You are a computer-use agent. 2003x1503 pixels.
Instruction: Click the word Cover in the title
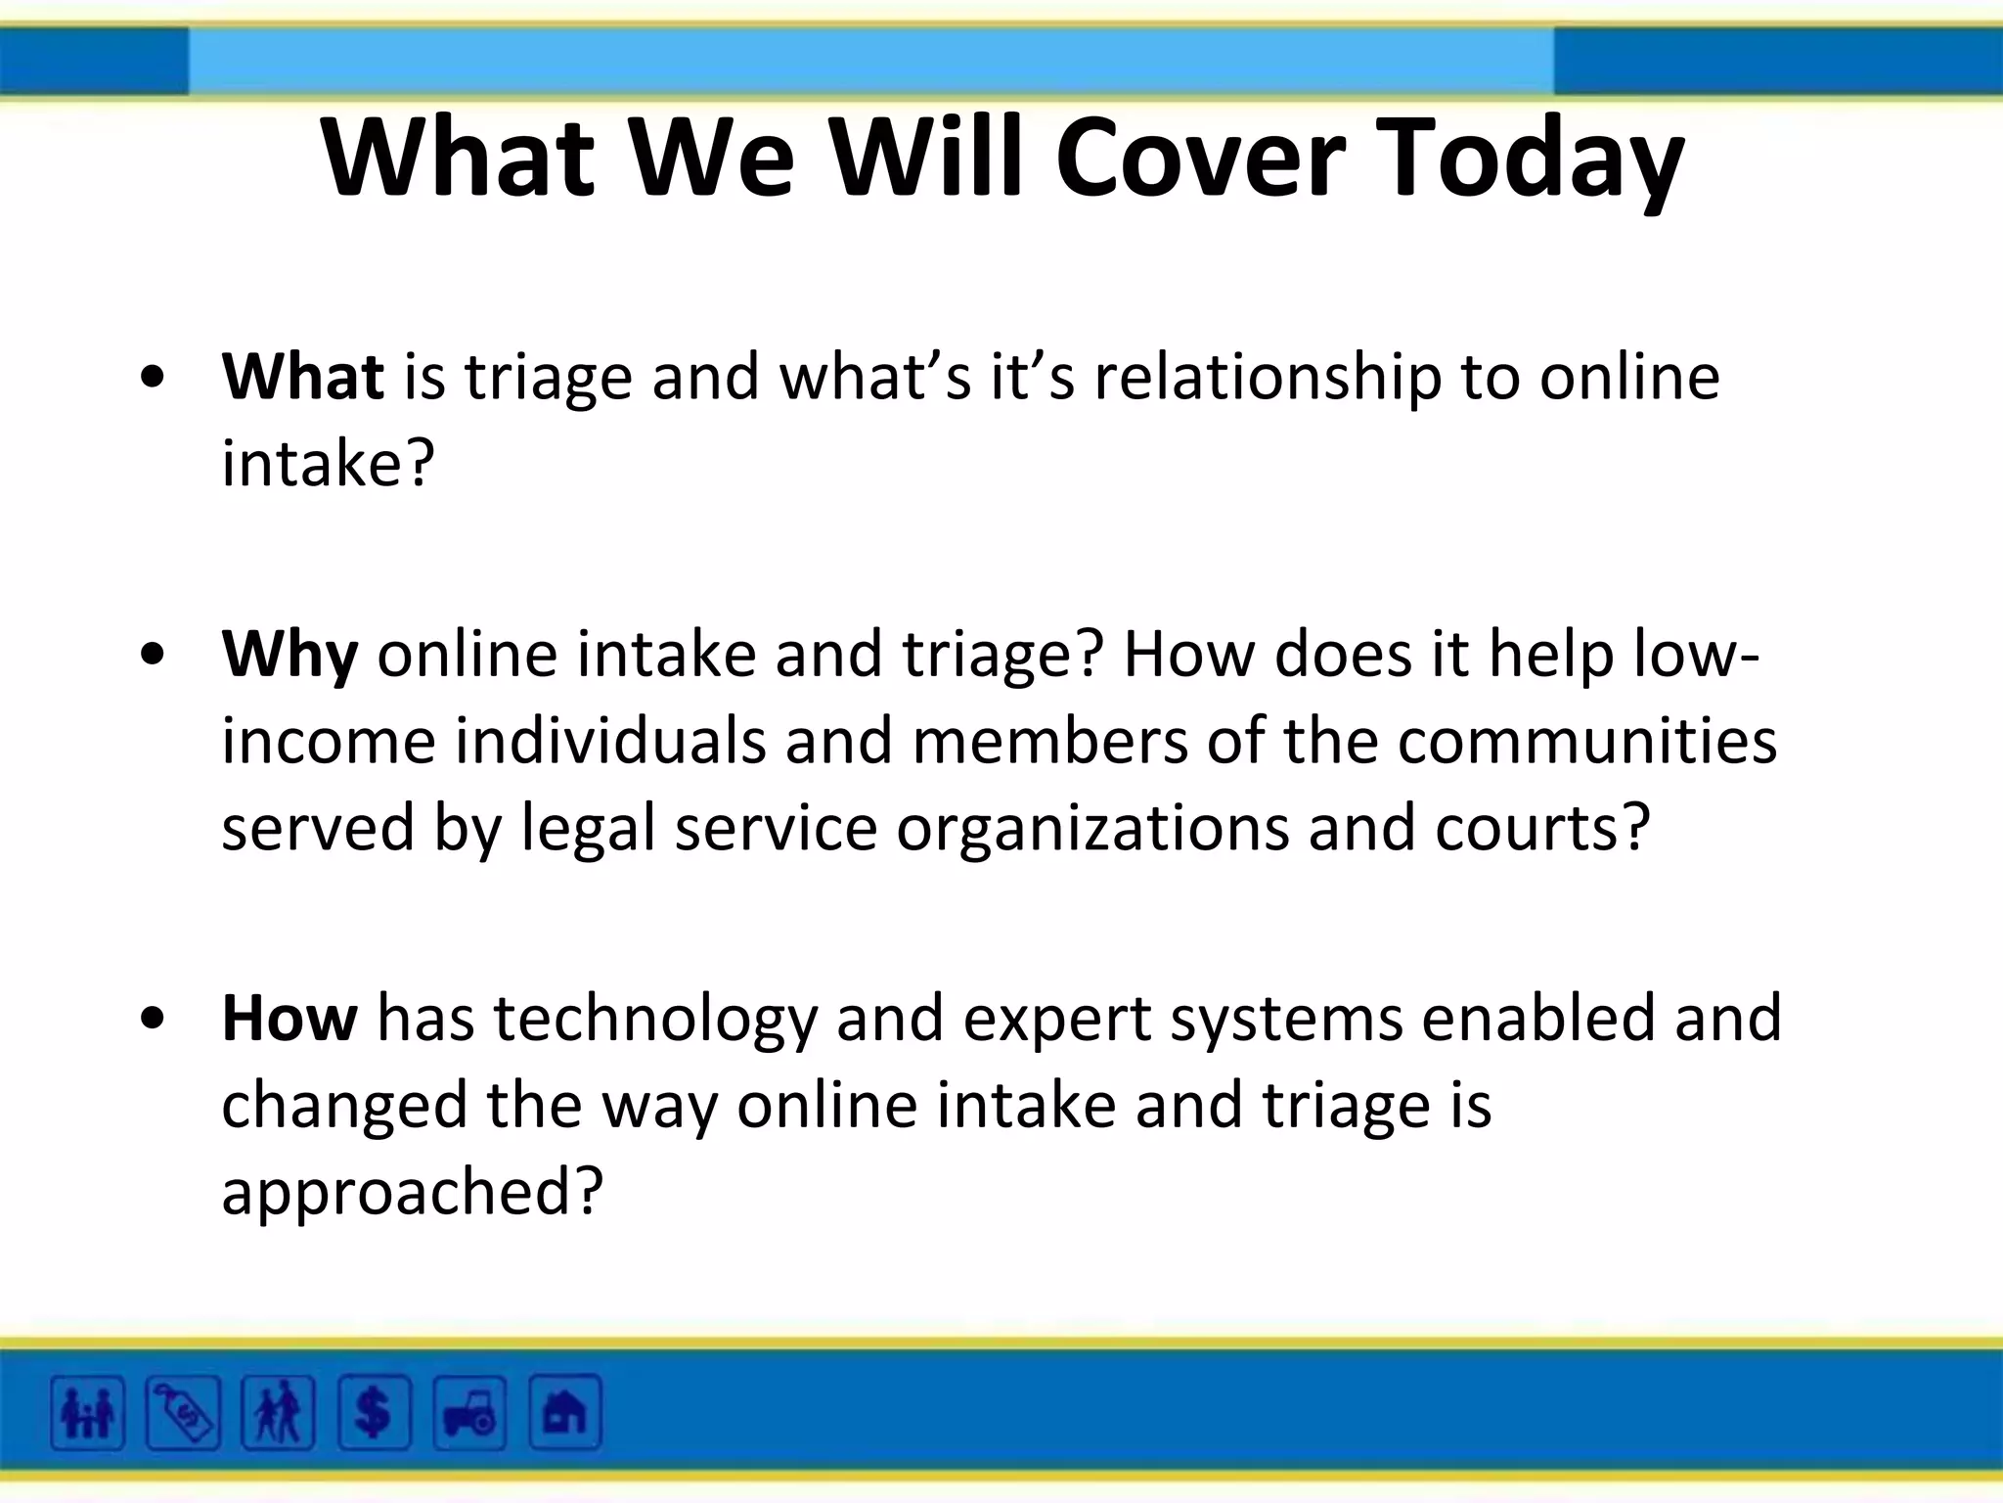[x=1200, y=157]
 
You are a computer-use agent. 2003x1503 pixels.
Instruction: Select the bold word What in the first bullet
[x=302, y=376]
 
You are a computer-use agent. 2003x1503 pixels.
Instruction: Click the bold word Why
[x=289, y=654]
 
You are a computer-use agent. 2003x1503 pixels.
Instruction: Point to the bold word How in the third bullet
[x=289, y=1018]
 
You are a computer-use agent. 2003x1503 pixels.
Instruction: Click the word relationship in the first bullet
[x=1268, y=378]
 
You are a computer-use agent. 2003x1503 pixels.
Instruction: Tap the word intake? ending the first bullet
[x=328, y=463]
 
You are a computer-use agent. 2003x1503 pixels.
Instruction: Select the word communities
[x=1586, y=741]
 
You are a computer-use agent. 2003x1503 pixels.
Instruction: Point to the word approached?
[x=412, y=1192]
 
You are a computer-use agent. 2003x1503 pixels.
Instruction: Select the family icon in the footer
[x=88, y=1412]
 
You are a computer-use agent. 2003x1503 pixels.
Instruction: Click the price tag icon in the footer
[x=183, y=1412]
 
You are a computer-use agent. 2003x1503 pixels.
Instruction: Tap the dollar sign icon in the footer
[x=374, y=1412]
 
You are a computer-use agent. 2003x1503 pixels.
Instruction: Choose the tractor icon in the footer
[x=469, y=1412]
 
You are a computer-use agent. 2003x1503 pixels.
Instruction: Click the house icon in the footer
[x=564, y=1412]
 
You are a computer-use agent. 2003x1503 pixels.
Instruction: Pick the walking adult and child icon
[x=278, y=1412]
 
